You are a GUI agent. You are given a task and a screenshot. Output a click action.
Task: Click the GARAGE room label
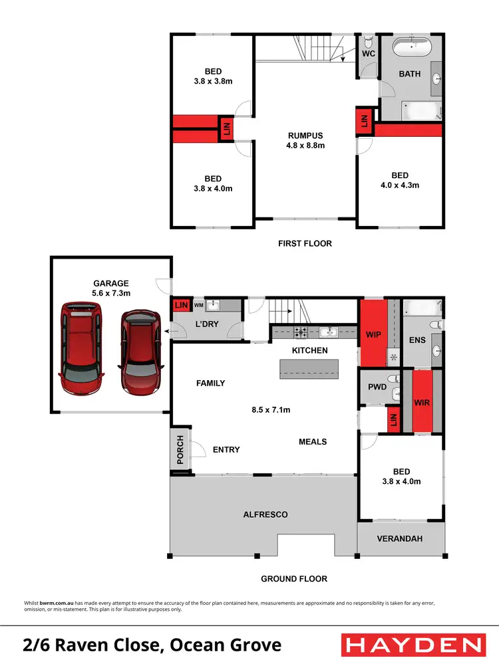(111, 282)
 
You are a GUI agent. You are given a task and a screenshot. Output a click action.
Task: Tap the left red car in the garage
(82, 348)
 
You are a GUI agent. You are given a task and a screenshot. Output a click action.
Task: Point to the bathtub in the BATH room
(411, 49)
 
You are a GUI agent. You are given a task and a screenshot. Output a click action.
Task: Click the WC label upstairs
(369, 53)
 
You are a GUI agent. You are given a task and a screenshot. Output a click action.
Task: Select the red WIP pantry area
(373, 334)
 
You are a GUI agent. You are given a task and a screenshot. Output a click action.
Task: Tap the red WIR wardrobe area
(422, 402)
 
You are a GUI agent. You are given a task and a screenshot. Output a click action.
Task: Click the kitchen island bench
(309, 368)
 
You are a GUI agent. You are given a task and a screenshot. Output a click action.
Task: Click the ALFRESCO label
(265, 514)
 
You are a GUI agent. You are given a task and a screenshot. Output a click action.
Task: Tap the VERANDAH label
(400, 539)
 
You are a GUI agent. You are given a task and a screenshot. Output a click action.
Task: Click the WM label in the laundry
(198, 305)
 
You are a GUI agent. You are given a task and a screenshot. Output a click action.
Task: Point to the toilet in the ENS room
(434, 325)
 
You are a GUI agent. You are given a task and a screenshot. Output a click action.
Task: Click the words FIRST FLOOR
(305, 243)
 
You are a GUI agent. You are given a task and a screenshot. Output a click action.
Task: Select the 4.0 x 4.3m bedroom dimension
(399, 185)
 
